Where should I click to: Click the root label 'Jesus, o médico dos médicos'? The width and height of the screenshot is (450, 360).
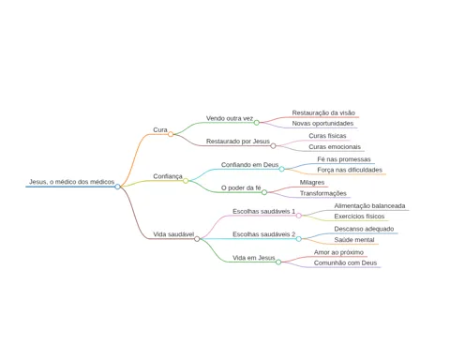[72, 182]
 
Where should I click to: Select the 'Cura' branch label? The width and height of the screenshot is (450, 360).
[160, 129]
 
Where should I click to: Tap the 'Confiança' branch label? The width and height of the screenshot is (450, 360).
[168, 176]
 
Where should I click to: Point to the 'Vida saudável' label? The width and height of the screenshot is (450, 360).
[173, 234]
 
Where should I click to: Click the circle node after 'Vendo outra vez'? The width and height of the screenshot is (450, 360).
[257, 123]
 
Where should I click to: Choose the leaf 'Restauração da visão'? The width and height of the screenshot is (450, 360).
[323, 112]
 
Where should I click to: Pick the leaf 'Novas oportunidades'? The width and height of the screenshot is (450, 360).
[322, 124]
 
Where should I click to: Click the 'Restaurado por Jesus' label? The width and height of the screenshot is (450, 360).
[238, 142]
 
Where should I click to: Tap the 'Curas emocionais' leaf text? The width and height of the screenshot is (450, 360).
[335, 147]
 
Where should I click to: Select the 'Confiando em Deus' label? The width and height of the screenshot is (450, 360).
[249, 165]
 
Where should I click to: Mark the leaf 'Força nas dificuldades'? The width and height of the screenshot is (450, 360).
[350, 170]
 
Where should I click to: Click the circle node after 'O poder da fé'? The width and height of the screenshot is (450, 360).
[264, 192]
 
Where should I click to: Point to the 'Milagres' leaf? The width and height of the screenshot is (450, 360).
[312, 183]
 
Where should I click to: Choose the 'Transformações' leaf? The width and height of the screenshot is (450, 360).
[323, 193]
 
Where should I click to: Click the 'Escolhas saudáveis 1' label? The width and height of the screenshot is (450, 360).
[263, 211]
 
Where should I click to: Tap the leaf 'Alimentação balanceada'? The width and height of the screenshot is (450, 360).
[369, 206]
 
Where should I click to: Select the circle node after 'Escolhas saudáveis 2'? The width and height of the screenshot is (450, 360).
[299, 239]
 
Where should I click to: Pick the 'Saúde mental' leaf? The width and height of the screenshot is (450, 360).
[354, 240]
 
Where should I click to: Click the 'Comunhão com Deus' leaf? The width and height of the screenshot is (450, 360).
[345, 263]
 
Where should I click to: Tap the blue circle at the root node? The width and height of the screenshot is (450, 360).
[117, 187]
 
